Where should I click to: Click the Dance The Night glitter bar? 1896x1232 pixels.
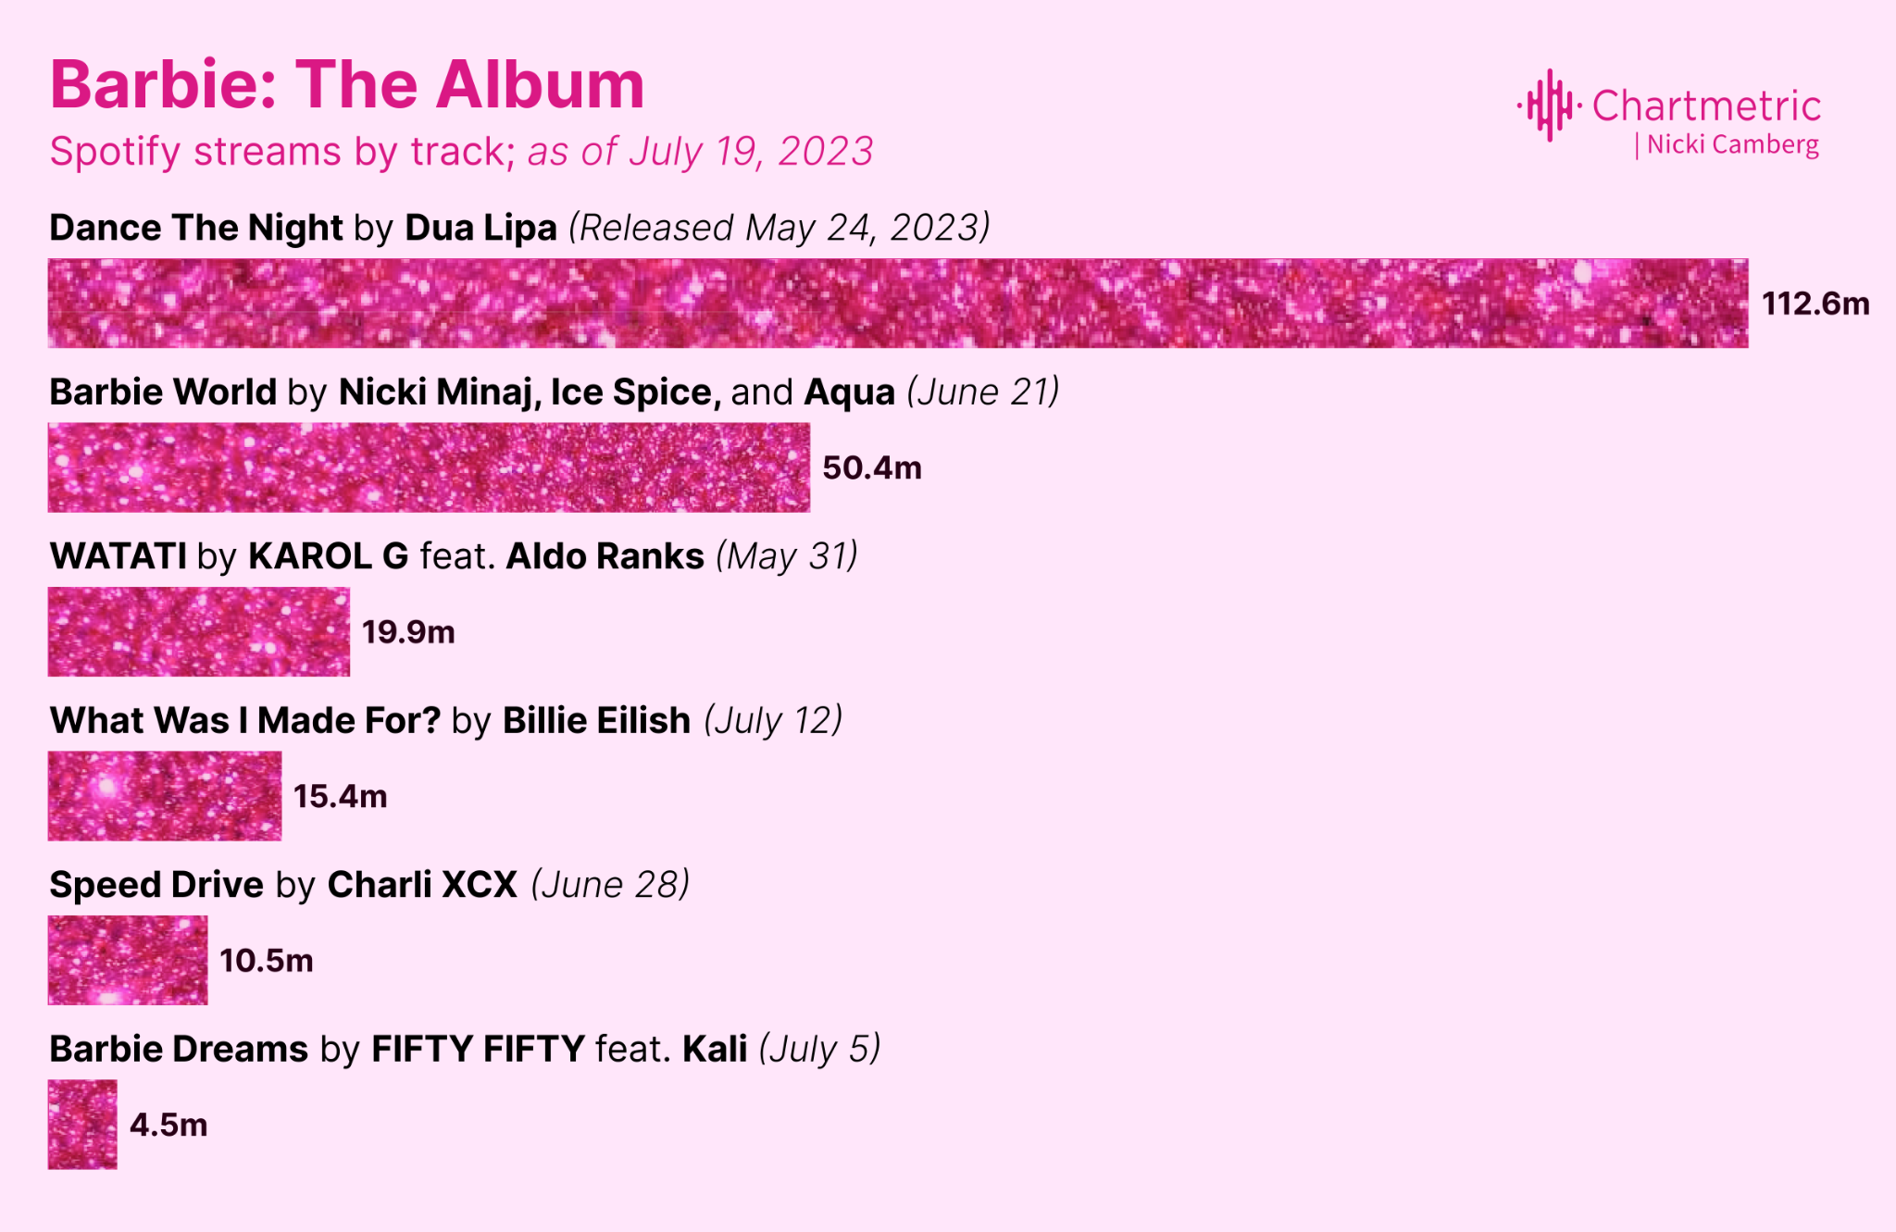pyautogui.click(x=898, y=304)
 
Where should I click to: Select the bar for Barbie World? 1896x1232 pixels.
pyautogui.click(x=429, y=467)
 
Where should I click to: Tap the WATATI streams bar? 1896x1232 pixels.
pyautogui.click(x=199, y=631)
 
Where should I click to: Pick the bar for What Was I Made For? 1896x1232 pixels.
pyautogui.click(x=165, y=796)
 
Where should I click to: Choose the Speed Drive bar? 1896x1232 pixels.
pyautogui.click(x=128, y=960)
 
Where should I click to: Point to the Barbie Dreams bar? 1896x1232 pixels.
pyautogui.click(x=82, y=1125)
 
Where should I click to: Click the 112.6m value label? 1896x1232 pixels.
pyautogui.click(x=1815, y=304)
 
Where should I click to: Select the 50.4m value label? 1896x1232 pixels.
pyautogui.click(x=872, y=467)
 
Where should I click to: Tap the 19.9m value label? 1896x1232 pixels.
pyautogui.click(x=408, y=632)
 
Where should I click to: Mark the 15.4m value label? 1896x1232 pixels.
pyautogui.click(x=340, y=796)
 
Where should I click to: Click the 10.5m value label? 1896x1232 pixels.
pyautogui.click(x=267, y=961)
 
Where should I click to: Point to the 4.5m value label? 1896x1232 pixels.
pyautogui.click(x=168, y=1125)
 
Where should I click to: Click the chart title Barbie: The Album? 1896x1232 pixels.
pyautogui.click(x=347, y=85)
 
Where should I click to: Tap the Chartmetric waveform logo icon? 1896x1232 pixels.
pyautogui.click(x=1549, y=106)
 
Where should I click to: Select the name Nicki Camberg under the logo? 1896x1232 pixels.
pyautogui.click(x=1733, y=145)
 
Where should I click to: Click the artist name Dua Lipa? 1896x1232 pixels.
pyautogui.click(x=480, y=228)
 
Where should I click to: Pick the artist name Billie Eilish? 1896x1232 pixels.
pyautogui.click(x=596, y=720)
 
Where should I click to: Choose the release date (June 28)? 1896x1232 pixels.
pyautogui.click(x=610, y=885)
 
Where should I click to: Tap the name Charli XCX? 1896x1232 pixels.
pyautogui.click(x=422, y=885)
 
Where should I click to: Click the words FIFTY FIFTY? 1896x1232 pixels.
pyautogui.click(x=478, y=1050)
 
